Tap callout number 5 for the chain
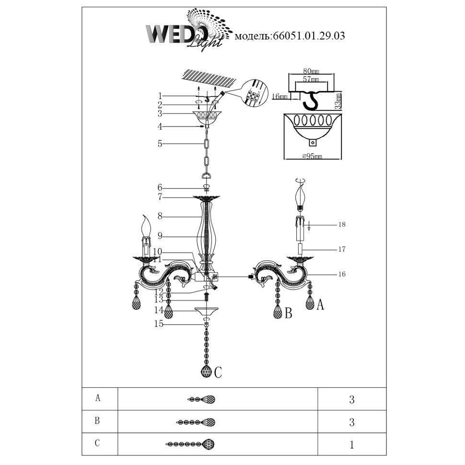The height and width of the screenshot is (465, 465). (160, 143)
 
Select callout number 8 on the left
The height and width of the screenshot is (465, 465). (160, 216)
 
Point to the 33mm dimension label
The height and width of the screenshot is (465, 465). (339, 101)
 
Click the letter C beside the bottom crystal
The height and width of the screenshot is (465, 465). (218, 372)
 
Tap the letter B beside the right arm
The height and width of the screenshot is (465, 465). (288, 314)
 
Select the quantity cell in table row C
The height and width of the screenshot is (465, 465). (352, 444)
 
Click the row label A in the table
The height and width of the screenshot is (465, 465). (98, 398)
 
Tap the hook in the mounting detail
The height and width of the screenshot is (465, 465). (312, 100)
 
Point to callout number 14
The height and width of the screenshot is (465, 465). (160, 310)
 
